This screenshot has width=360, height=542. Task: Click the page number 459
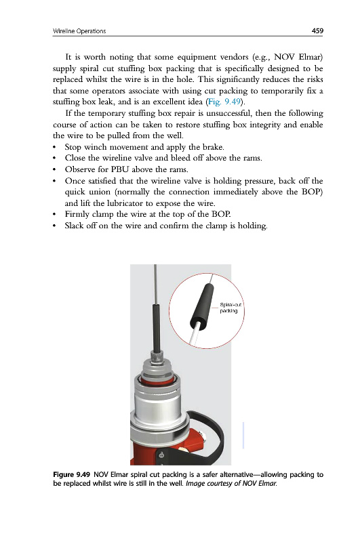(317, 30)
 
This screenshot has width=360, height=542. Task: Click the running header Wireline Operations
(79, 31)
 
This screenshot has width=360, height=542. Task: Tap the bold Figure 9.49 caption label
(72, 475)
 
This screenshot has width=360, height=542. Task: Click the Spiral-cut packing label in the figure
(231, 308)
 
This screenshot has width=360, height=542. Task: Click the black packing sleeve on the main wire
(157, 327)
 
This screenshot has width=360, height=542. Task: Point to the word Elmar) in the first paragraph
(311, 57)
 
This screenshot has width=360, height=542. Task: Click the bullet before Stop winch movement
(55, 148)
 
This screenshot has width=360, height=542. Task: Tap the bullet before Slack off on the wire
(55, 226)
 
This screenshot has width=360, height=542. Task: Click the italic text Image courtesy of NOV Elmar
(231, 483)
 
